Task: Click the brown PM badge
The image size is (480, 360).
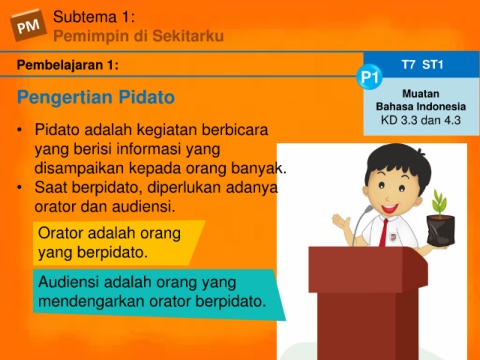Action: (28, 25)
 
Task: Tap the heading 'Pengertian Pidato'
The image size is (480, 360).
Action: (96, 97)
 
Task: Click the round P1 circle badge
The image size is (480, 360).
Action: (369, 78)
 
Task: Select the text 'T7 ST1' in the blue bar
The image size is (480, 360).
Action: (422, 64)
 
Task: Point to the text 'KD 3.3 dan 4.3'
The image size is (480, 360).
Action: (421, 120)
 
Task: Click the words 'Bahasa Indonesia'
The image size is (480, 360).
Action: (421, 107)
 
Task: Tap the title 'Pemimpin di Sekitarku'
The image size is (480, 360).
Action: (138, 36)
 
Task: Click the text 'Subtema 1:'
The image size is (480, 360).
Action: (94, 17)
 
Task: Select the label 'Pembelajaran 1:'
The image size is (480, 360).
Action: (68, 65)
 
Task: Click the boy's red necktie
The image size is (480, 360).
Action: (385, 232)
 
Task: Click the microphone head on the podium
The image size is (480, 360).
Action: (369, 209)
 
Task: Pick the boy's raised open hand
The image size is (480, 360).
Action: (341, 221)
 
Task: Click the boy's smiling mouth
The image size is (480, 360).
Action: (390, 209)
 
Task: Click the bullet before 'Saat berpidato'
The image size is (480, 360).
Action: (20, 187)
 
